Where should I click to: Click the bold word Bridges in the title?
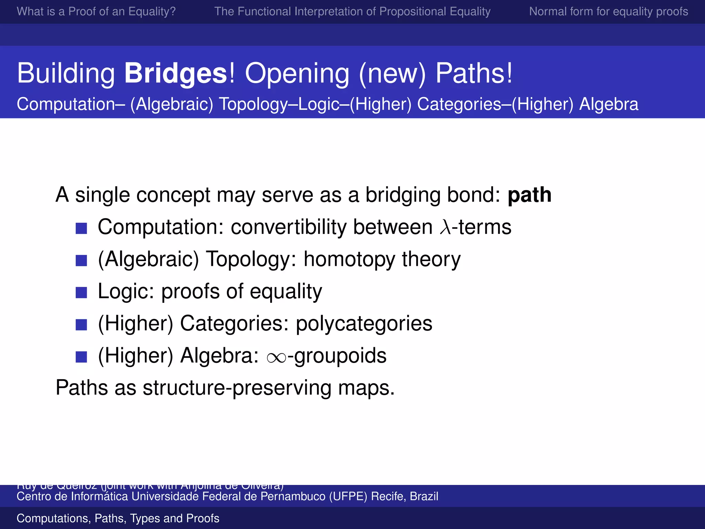(176, 73)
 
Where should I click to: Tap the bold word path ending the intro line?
(529, 195)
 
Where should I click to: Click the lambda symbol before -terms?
(445, 227)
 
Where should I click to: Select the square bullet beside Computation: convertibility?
(81, 228)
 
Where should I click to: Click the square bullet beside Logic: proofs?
(81, 292)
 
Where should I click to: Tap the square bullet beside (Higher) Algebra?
(81, 357)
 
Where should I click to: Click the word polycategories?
(364, 324)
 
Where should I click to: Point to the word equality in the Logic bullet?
(286, 292)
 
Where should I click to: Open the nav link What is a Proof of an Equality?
(96, 11)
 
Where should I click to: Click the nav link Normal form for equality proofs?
(608, 11)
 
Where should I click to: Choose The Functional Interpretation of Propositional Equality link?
(352, 11)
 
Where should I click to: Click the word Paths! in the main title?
(474, 73)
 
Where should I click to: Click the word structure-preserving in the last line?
(237, 388)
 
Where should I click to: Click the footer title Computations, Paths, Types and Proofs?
(118, 518)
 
